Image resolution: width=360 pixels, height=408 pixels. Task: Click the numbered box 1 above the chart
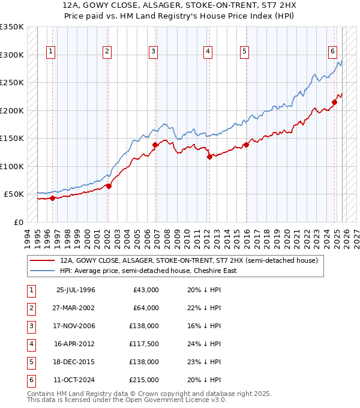pyautogui.click(x=52, y=52)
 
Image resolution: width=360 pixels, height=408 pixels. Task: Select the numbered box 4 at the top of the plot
pyautogui.click(x=208, y=52)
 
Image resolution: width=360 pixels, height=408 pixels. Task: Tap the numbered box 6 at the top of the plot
pyautogui.click(x=332, y=52)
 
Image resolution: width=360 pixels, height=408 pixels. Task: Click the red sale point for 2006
pyautogui.click(x=155, y=145)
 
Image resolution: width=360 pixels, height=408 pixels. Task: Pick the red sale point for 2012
pyautogui.click(x=209, y=157)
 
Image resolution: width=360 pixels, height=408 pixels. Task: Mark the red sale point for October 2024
pyautogui.click(x=334, y=102)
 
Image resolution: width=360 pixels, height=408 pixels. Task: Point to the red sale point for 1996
pyautogui.click(x=52, y=198)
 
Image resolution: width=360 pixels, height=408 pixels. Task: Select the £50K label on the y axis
pyautogui.click(x=14, y=194)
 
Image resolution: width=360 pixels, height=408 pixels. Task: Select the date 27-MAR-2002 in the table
pyautogui.click(x=75, y=308)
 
